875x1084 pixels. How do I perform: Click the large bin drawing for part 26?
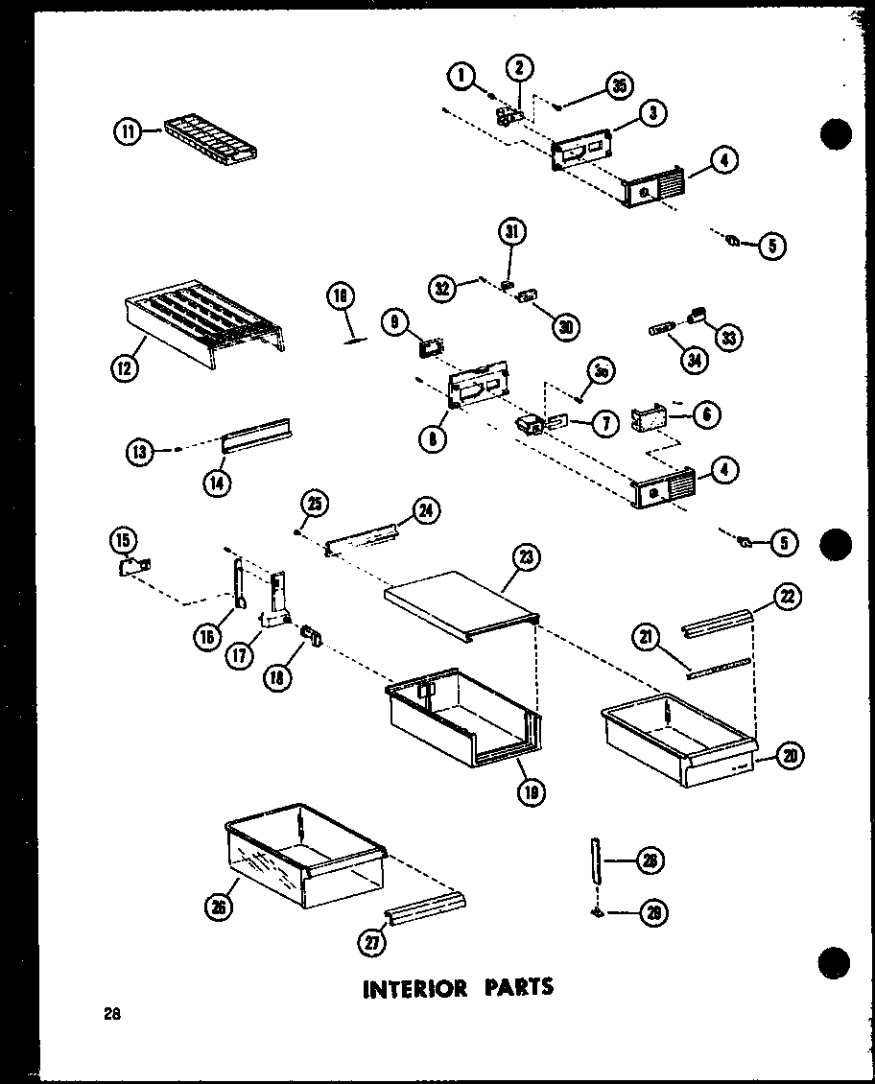point(302,854)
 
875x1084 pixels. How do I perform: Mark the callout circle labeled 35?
point(619,86)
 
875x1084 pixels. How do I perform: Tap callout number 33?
point(731,337)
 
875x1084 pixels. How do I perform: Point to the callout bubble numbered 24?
point(425,511)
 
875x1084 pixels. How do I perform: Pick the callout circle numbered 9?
point(393,323)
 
